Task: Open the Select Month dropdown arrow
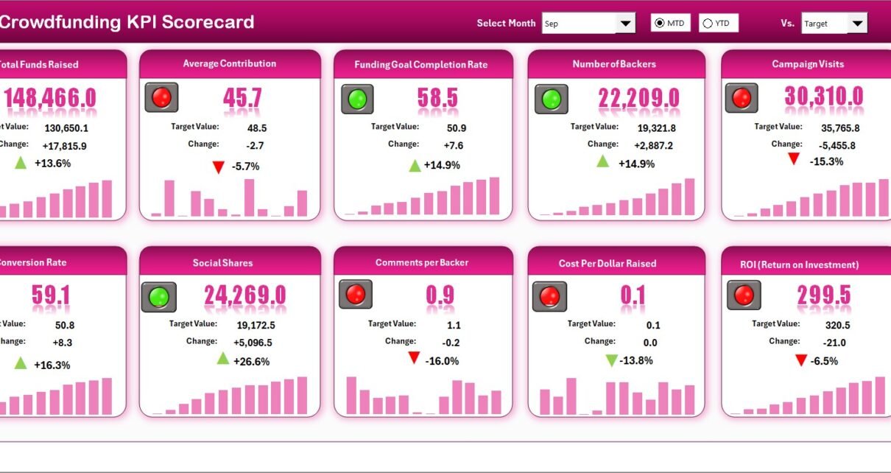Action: [x=625, y=24]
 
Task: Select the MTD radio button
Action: [x=659, y=24]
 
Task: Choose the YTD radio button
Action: [x=708, y=24]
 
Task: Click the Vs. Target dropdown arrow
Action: [x=856, y=24]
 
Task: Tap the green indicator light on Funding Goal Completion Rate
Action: [x=357, y=99]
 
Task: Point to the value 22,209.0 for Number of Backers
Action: [x=639, y=97]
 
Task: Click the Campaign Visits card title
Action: [x=808, y=64]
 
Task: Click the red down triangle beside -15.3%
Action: [x=793, y=159]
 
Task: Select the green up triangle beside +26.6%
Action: [x=223, y=359]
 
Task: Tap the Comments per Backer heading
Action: [x=422, y=263]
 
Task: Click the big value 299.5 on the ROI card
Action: [x=824, y=296]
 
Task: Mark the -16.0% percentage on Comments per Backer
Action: [x=442, y=361]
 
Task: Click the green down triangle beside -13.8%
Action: [x=610, y=360]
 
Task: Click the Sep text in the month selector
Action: [x=552, y=24]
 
